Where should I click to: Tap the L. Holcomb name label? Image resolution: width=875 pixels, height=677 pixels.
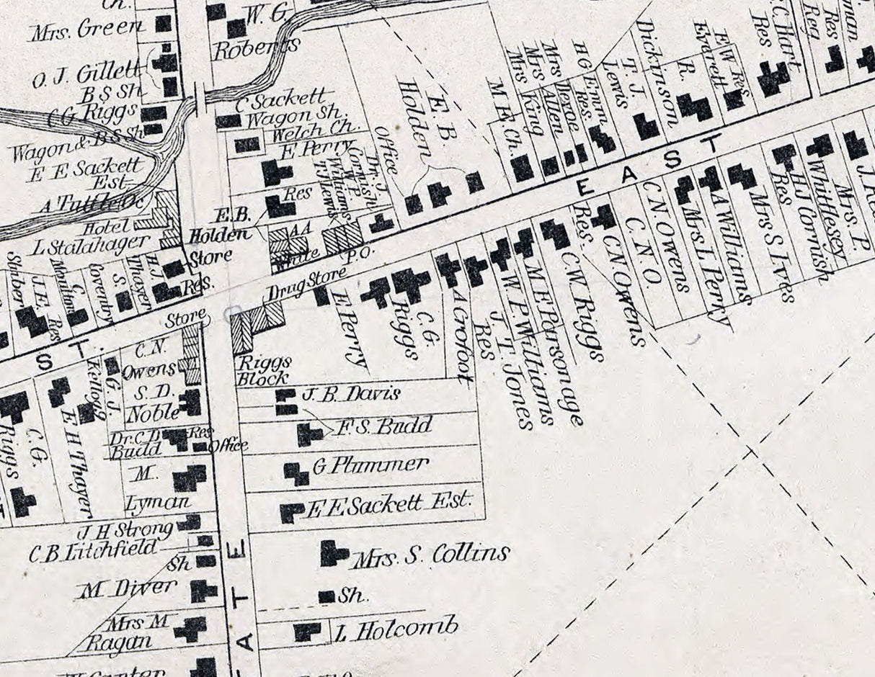(x=396, y=629)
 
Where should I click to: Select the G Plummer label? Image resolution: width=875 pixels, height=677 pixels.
(x=371, y=465)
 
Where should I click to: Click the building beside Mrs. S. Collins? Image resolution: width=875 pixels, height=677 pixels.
(x=332, y=553)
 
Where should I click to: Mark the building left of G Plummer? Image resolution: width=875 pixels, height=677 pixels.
(x=296, y=472)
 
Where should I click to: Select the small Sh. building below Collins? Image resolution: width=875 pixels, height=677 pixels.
(x=327, y=596)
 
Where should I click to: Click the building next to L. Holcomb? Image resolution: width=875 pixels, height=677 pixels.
(x=306, y=632)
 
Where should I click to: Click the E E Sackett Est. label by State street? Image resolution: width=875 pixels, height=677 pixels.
(x=389, y=503)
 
